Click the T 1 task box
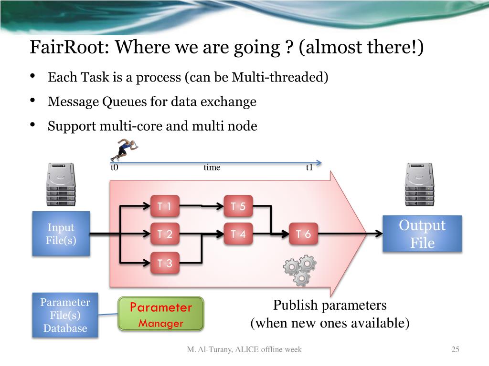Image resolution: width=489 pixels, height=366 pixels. click(x=165, y=206)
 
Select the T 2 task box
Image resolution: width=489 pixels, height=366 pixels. click(x=165, y=234)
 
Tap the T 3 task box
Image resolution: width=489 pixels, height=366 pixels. click(x=165, y=263)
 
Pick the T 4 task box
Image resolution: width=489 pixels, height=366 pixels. click(x=238, y=234)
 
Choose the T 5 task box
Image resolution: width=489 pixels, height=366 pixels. click(x=238, y=206)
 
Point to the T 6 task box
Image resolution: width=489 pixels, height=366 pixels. click(x=303, y=234)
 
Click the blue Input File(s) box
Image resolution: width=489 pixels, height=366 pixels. click(x=61, y=234)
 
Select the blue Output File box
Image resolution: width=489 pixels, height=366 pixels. click(x=422, y=234)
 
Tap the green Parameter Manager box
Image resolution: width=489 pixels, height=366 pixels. click(x=161, y=314)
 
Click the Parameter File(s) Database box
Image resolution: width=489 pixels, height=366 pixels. click(x=65, y=315)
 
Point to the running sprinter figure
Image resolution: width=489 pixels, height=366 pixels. click(x=124, y=150)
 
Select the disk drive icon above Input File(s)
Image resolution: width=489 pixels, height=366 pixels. click(x=61, y=184)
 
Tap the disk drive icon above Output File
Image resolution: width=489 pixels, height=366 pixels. click(x=419, y=184)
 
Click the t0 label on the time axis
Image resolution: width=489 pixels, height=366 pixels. click(x=115, y=167)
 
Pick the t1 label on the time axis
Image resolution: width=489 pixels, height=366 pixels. click(x=309, y=167)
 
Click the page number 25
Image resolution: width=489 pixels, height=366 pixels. click(x=455, y=349)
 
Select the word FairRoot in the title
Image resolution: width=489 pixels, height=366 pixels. click(x=69, y=47)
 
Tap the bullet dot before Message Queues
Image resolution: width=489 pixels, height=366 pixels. click(x=32, y=100)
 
